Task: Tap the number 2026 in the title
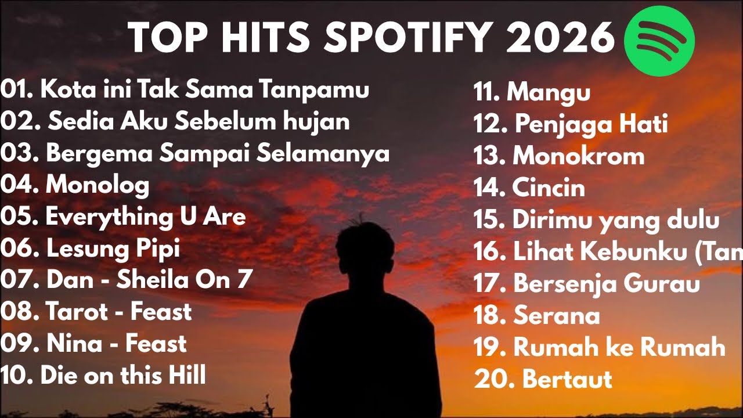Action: [560, 38]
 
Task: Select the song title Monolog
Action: [98, 185]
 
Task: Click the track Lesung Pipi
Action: [113, 248]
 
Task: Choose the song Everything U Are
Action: [145, 217]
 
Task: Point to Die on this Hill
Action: [123, 375]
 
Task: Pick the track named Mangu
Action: [549, 92]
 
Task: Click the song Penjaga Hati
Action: [591, 124]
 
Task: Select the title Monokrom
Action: [579, 156]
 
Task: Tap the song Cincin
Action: [549, 188]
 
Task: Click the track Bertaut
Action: [567, 379]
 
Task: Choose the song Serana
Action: [557, 316]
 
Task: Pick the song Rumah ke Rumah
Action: [619, 347]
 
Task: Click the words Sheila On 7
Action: [184, 280]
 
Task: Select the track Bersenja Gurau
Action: [607, 284]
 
